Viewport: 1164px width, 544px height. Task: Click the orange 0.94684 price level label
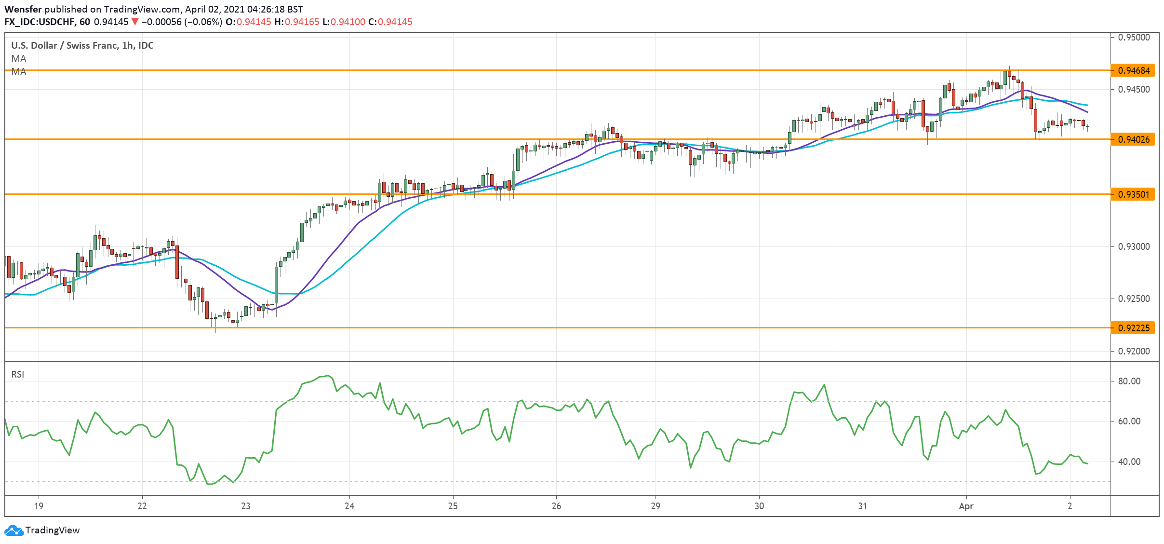[x=1133, y=70]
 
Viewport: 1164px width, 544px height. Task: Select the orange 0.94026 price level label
[x=1133, y=139]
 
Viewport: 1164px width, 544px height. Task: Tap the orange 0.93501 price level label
[x=1133, y=194]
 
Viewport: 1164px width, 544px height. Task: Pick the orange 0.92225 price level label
[x=1133, y=328]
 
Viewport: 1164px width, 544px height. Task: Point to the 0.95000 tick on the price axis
[x=1134, y=37]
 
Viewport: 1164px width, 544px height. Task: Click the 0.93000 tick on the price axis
[x=1134, y=246]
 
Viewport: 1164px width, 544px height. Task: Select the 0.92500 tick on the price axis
[x=1134, y=299]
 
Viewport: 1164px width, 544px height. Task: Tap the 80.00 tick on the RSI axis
[x=1129, y=381]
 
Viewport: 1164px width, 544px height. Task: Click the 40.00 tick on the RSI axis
[x=1129, y=462]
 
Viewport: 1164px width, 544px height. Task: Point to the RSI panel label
[x=18, y=374]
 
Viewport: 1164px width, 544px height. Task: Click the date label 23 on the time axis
[x=246, y=506]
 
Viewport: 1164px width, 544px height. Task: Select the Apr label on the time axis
[x=966, y=506]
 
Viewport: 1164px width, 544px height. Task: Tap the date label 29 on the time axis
[x=656, y=506]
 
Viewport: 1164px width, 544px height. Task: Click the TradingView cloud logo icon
[x=13, y=530]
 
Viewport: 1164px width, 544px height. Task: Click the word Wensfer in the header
[x=23, y=9]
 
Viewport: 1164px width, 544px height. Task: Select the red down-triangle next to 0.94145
[x=135, y=22]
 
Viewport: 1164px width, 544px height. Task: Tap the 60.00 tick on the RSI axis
[x=1129, y=421]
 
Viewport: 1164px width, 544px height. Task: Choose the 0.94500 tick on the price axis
[x=1134, y=89]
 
